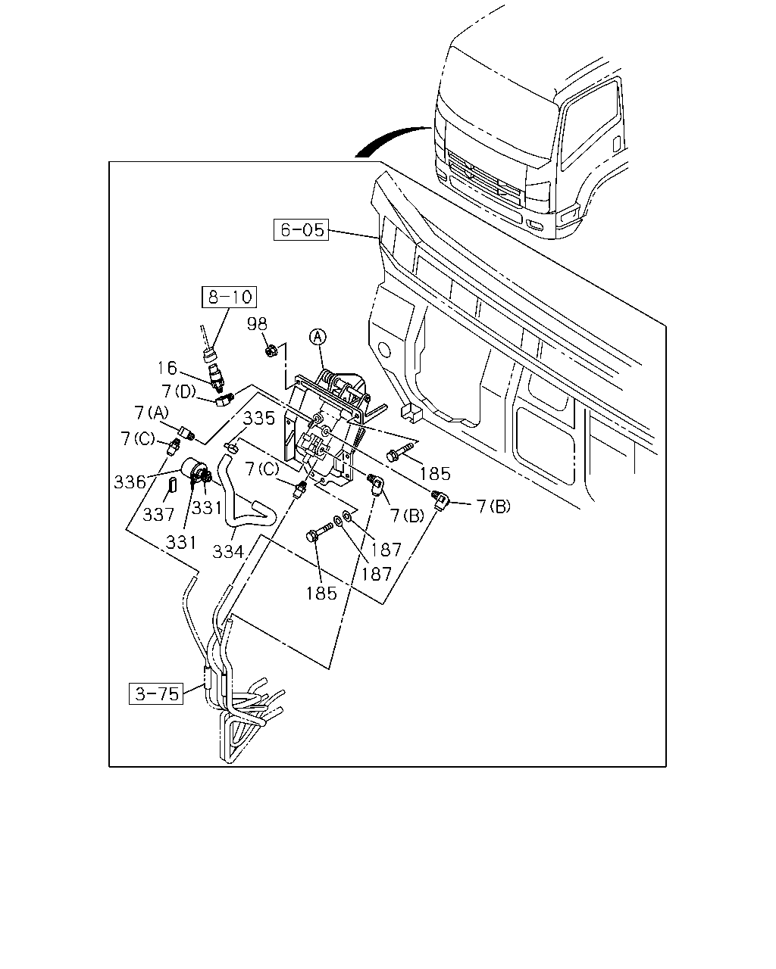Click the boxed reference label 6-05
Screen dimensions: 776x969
coord(301,229)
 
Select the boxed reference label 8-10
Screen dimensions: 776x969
coord(229,297)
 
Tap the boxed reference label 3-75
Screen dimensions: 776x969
coord(156,693)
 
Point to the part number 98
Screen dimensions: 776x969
coord(257,324)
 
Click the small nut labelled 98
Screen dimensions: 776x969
coord(271,351)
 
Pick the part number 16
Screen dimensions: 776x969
coord(167,368)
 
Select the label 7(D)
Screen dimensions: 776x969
coord(179,391)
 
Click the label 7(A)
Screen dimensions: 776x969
coord(151,413)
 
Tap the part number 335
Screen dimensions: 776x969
coord(259,419)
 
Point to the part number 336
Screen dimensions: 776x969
coord(130,481)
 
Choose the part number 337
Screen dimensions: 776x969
coord(158,514)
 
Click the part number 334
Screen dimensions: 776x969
coord(228,551)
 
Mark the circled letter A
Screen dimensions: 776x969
coord(318,336)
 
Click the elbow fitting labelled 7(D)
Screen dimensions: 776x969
coord(224,400)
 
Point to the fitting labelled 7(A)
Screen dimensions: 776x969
coord(186,433)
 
